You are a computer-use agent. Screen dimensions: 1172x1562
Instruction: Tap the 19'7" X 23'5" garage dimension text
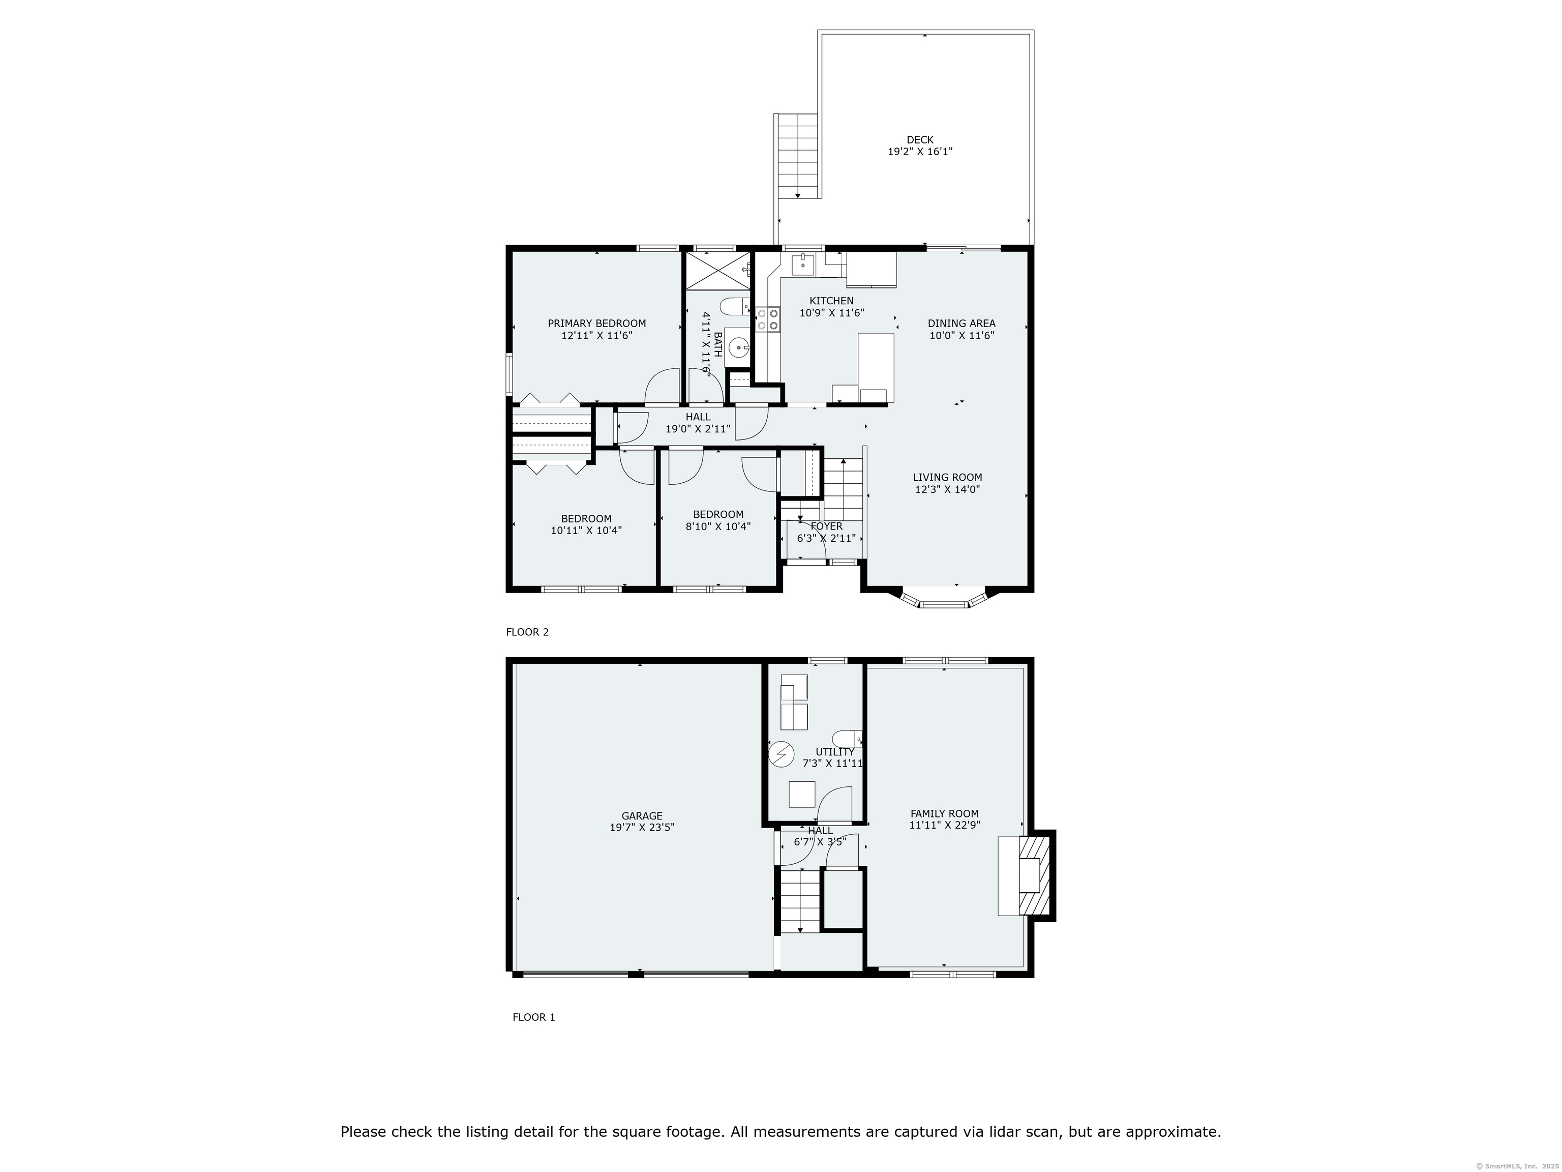641,827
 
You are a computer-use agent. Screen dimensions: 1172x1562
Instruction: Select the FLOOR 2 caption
527,632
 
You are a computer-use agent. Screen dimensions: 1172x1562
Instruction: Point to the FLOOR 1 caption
533,1017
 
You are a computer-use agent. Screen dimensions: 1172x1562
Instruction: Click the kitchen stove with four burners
768,319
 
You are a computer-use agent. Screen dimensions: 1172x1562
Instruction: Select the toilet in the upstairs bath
734,307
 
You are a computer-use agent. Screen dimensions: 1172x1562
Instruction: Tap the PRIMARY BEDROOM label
597,324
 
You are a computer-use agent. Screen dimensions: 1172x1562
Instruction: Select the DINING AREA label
961,324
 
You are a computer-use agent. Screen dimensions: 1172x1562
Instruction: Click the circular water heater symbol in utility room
781,754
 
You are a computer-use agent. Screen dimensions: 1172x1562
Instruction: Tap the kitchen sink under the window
803,265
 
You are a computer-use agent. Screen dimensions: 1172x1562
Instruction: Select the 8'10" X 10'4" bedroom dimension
717,526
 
